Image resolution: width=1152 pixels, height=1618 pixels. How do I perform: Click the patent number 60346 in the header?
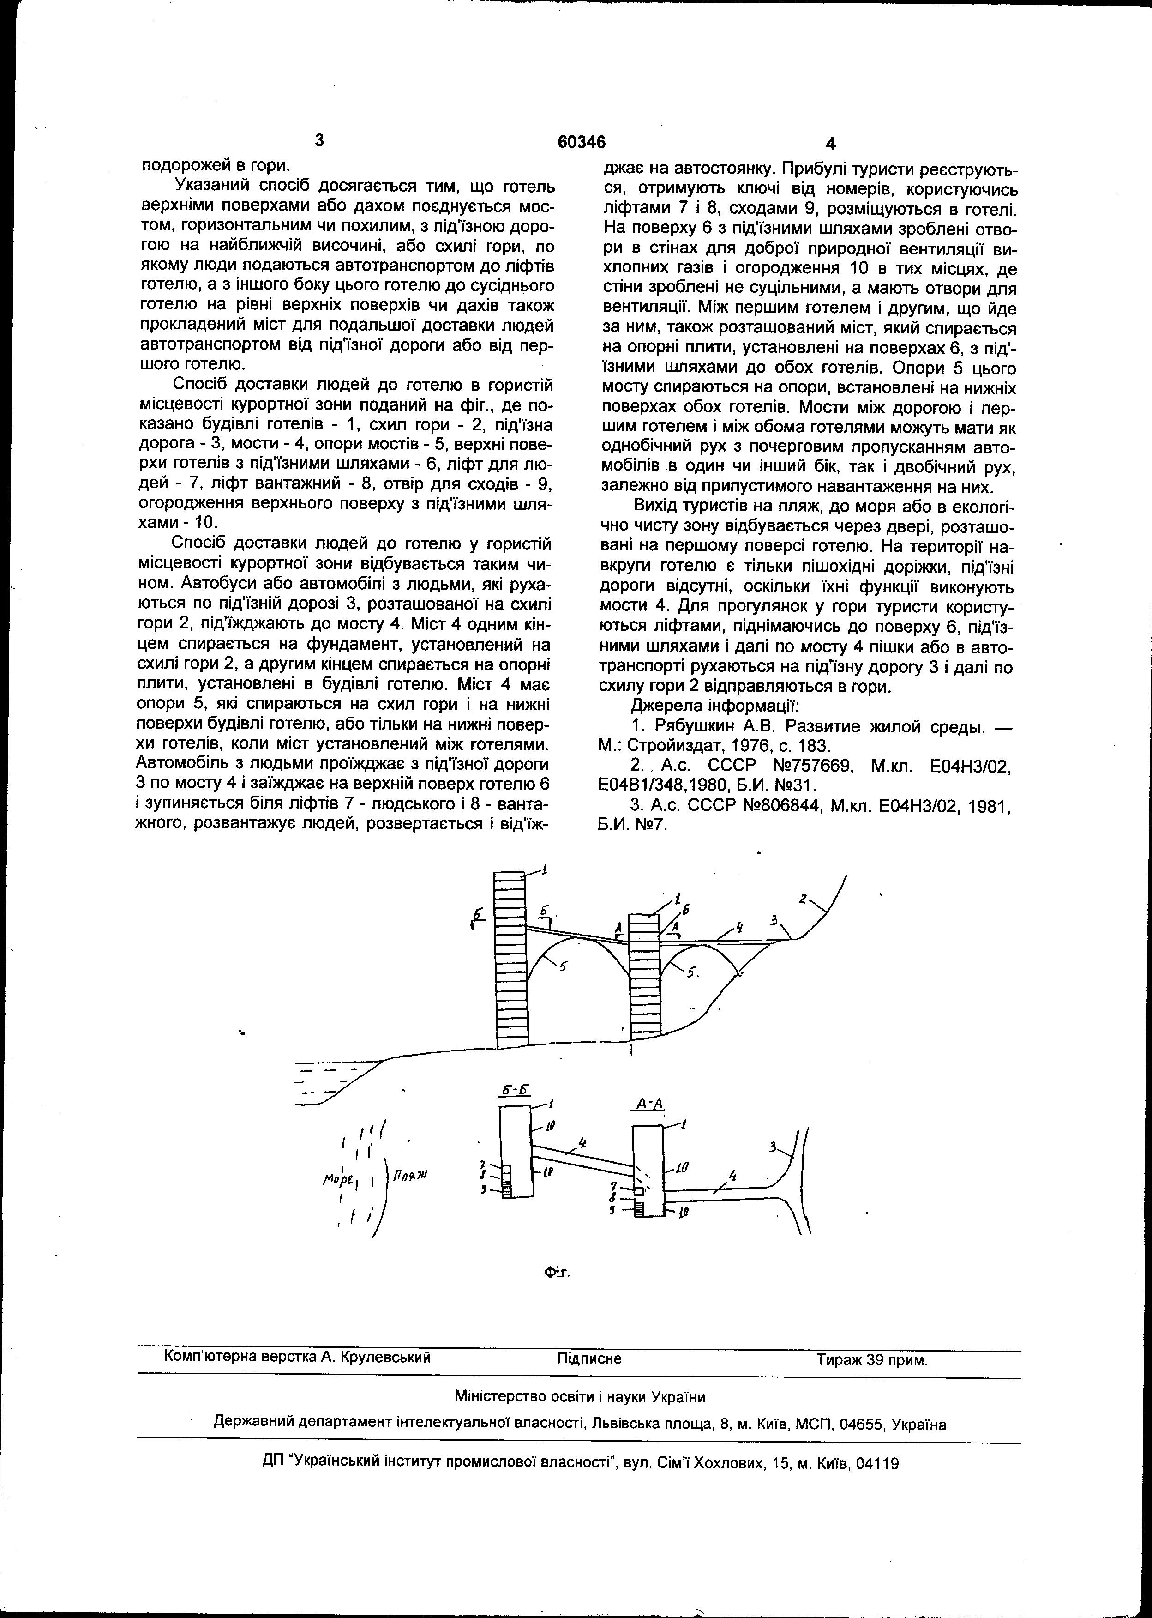581,143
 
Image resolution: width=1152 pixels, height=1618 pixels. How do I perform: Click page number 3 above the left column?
319,140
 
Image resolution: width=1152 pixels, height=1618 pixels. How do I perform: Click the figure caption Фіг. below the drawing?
557,1273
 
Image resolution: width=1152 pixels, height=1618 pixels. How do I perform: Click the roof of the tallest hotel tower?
510,874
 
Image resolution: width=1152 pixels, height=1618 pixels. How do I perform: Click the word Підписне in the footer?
589,1359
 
